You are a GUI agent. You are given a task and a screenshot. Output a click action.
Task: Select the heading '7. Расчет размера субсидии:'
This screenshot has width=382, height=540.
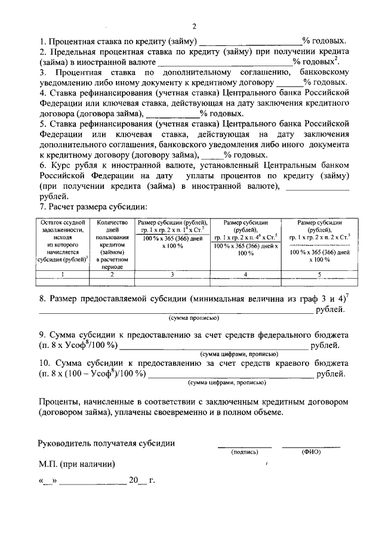[x=93, y=207]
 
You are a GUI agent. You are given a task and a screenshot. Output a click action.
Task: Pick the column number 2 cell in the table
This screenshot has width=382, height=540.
[x=113, y=274]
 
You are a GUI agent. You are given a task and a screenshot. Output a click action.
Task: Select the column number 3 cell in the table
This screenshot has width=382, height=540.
[x=172, y=274]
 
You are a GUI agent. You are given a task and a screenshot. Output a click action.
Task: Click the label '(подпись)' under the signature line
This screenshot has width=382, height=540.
[x=244, y=452]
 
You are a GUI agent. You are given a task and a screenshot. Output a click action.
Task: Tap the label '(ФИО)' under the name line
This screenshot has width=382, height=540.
[x=311, y=452]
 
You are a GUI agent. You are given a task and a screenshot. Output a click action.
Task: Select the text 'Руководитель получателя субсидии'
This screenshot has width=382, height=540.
[x=106, y=443]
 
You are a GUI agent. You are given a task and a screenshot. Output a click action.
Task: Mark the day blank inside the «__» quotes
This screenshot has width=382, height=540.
[x=47, y=480]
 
